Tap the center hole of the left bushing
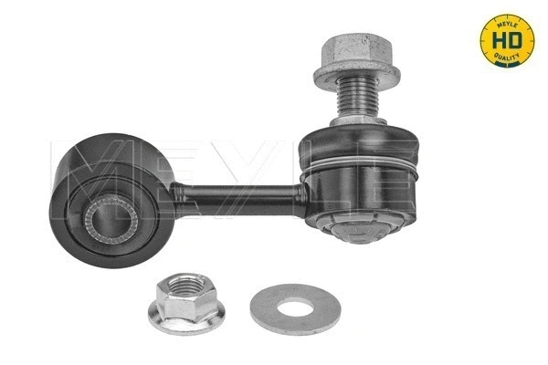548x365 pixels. click(x=107, y=220)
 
